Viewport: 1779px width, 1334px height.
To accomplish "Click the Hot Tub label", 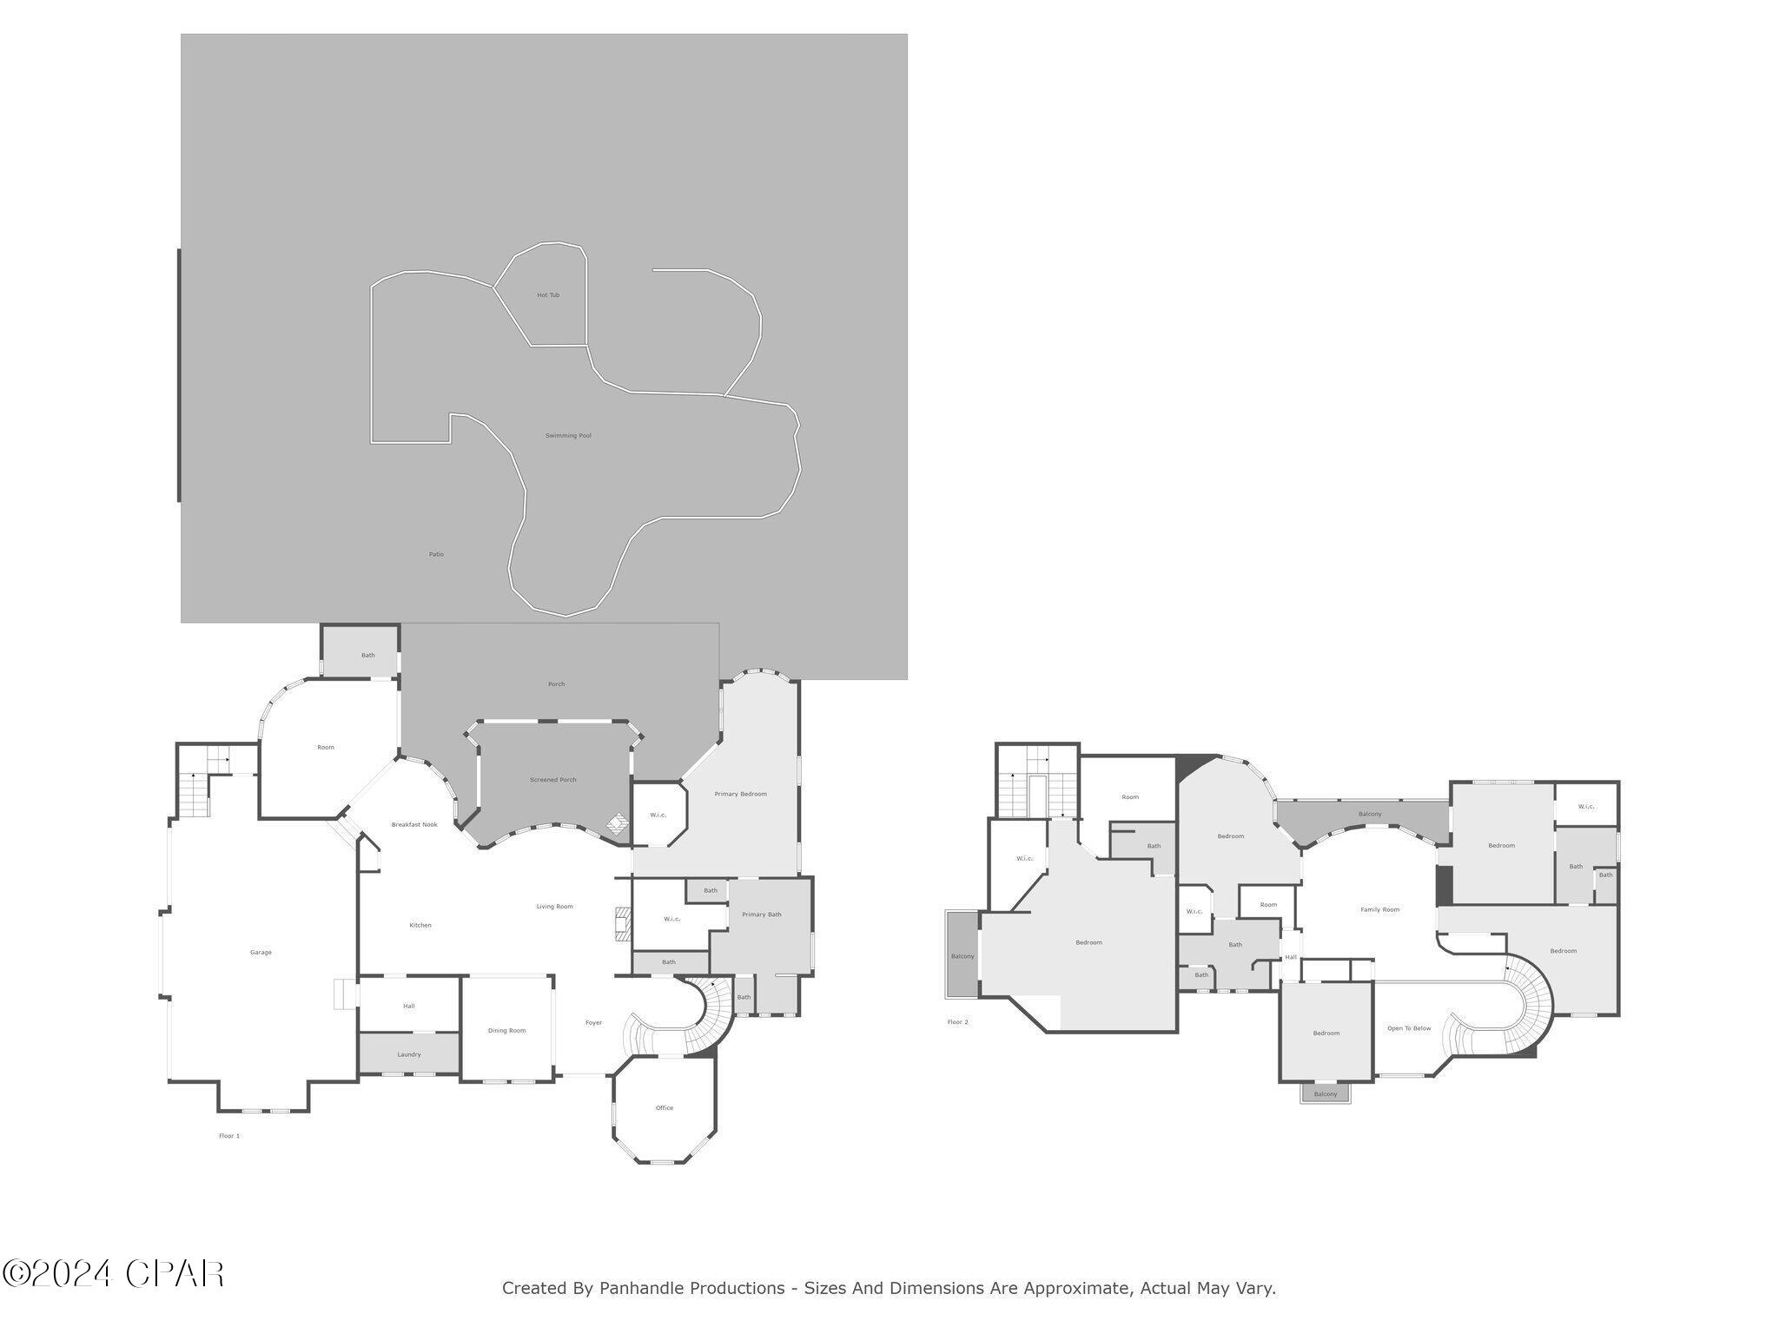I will pos(547,295).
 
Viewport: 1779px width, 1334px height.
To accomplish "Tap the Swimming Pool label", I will pos(568,435).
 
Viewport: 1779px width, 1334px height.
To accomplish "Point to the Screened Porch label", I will pos(553,780).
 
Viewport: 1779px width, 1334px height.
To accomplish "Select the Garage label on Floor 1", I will pos(261,953).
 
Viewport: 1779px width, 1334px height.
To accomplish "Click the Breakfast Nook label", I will pos(414,824).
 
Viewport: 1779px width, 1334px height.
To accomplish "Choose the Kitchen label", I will pos(420,925).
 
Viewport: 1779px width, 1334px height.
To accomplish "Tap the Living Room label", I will pos(554,907).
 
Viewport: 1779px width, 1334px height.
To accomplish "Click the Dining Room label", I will pos(506,1031).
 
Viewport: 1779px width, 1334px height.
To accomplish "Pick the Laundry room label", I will pos(409,1054).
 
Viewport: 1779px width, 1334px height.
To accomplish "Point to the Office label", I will pos(665,1108).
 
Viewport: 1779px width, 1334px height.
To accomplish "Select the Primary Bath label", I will pos(762,915).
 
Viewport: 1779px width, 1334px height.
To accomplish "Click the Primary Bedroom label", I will pos(740,794).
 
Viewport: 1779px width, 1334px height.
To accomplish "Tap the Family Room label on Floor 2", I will pos(1379,909).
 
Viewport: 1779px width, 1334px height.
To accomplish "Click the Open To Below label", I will pos(1409,1028).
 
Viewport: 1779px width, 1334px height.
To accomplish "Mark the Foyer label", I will pos(593,1022).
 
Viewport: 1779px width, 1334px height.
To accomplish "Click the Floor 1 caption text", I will pos(229,1136).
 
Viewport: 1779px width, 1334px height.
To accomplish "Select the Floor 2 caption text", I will pos(957,1022).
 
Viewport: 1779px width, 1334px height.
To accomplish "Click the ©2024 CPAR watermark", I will pos(113,1274).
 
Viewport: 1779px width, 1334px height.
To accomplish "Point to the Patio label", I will pos(436,554).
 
